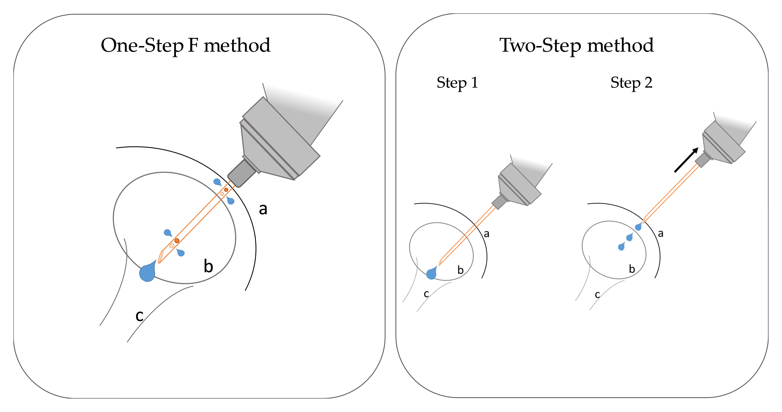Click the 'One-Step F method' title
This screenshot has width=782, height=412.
[185, 46]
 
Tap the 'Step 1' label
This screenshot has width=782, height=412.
[457, 83]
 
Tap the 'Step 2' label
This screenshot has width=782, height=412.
[631, 83]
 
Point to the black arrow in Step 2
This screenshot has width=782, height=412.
[686, 160]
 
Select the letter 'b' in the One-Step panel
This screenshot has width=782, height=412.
[208, 266]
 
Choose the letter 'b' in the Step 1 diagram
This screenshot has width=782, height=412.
[460, 270]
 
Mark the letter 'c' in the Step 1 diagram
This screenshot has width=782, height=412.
[426, 294]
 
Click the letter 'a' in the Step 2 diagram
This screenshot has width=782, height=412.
[661, 234]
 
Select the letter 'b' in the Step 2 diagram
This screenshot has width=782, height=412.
[632, 269]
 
